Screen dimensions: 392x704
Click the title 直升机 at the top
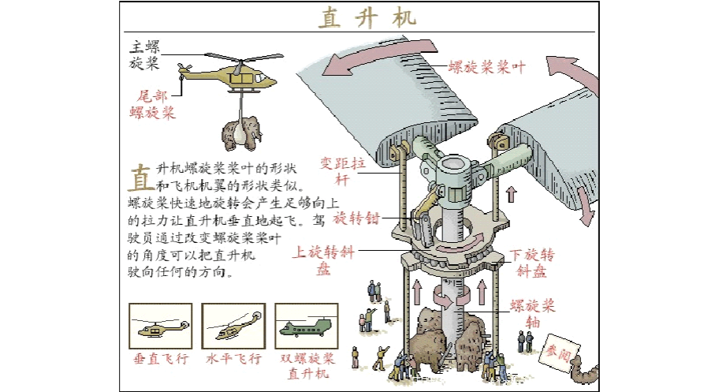tap(367, 17)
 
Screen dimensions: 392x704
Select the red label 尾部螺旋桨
tap(152, 103)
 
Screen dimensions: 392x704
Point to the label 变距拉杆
tap(343, 170)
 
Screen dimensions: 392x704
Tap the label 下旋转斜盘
tap(531, 263)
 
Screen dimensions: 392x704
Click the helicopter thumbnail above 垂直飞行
tap(160, 326)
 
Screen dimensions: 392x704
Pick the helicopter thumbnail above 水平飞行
tap(233, 326)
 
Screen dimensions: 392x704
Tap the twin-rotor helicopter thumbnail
tap(307, 326)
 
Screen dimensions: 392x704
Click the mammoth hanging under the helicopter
tap(240, 131)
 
